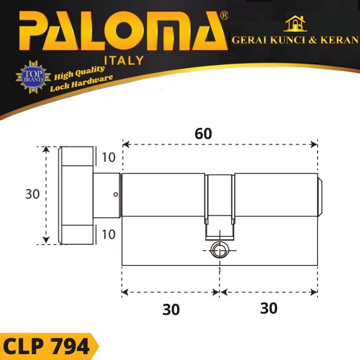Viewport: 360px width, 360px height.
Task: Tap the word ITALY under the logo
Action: (x=124, y=60)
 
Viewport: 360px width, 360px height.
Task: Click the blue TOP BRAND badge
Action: (x=33, y=76)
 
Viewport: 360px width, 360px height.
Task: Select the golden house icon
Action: (x=295, y=23)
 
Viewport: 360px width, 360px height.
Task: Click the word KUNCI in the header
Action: (x=288, y=40)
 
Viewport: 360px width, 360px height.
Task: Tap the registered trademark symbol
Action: (x=224, y=16)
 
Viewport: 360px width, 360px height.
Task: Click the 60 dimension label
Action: (x=203, y=134)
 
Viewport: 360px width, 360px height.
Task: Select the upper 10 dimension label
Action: (x=108, y=157)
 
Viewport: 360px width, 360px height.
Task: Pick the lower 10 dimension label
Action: (x=108, y=234)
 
